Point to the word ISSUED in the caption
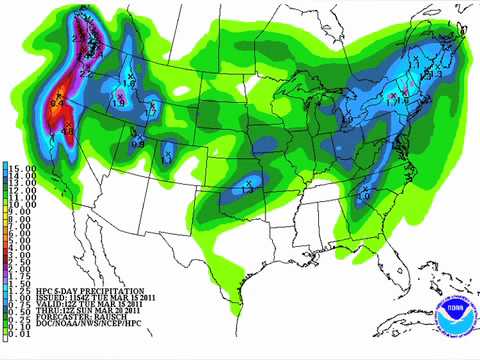tap(41, 297)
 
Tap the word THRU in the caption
tap(38, 314)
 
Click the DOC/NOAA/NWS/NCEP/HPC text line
tap(66, 331)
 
